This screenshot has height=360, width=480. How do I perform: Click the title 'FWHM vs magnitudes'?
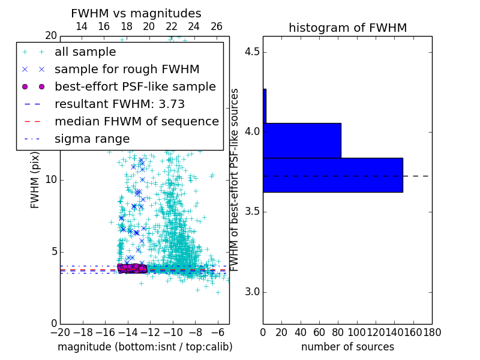point(136,14)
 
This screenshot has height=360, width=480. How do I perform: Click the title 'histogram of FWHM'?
point(347,28)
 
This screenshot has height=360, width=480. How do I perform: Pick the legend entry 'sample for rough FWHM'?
point(127,70)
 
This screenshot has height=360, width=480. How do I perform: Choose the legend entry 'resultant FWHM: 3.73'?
point(119,104)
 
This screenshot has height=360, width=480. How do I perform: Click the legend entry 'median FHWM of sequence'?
point(136,122)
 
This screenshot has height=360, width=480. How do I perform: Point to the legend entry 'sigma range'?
point(92,139)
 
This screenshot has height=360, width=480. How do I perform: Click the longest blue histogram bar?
point(333,175)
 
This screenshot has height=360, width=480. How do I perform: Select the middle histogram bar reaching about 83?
point(302,140)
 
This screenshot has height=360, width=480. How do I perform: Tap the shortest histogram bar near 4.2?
point(265,106)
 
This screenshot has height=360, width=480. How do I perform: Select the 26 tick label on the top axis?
point(217,26)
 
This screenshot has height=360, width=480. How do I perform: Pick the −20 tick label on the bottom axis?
point(59,332)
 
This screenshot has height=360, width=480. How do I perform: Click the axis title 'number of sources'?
point(347,347)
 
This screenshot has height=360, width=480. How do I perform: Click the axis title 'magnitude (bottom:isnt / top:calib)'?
point(145,347)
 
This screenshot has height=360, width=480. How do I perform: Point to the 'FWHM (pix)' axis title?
point(35,180)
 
